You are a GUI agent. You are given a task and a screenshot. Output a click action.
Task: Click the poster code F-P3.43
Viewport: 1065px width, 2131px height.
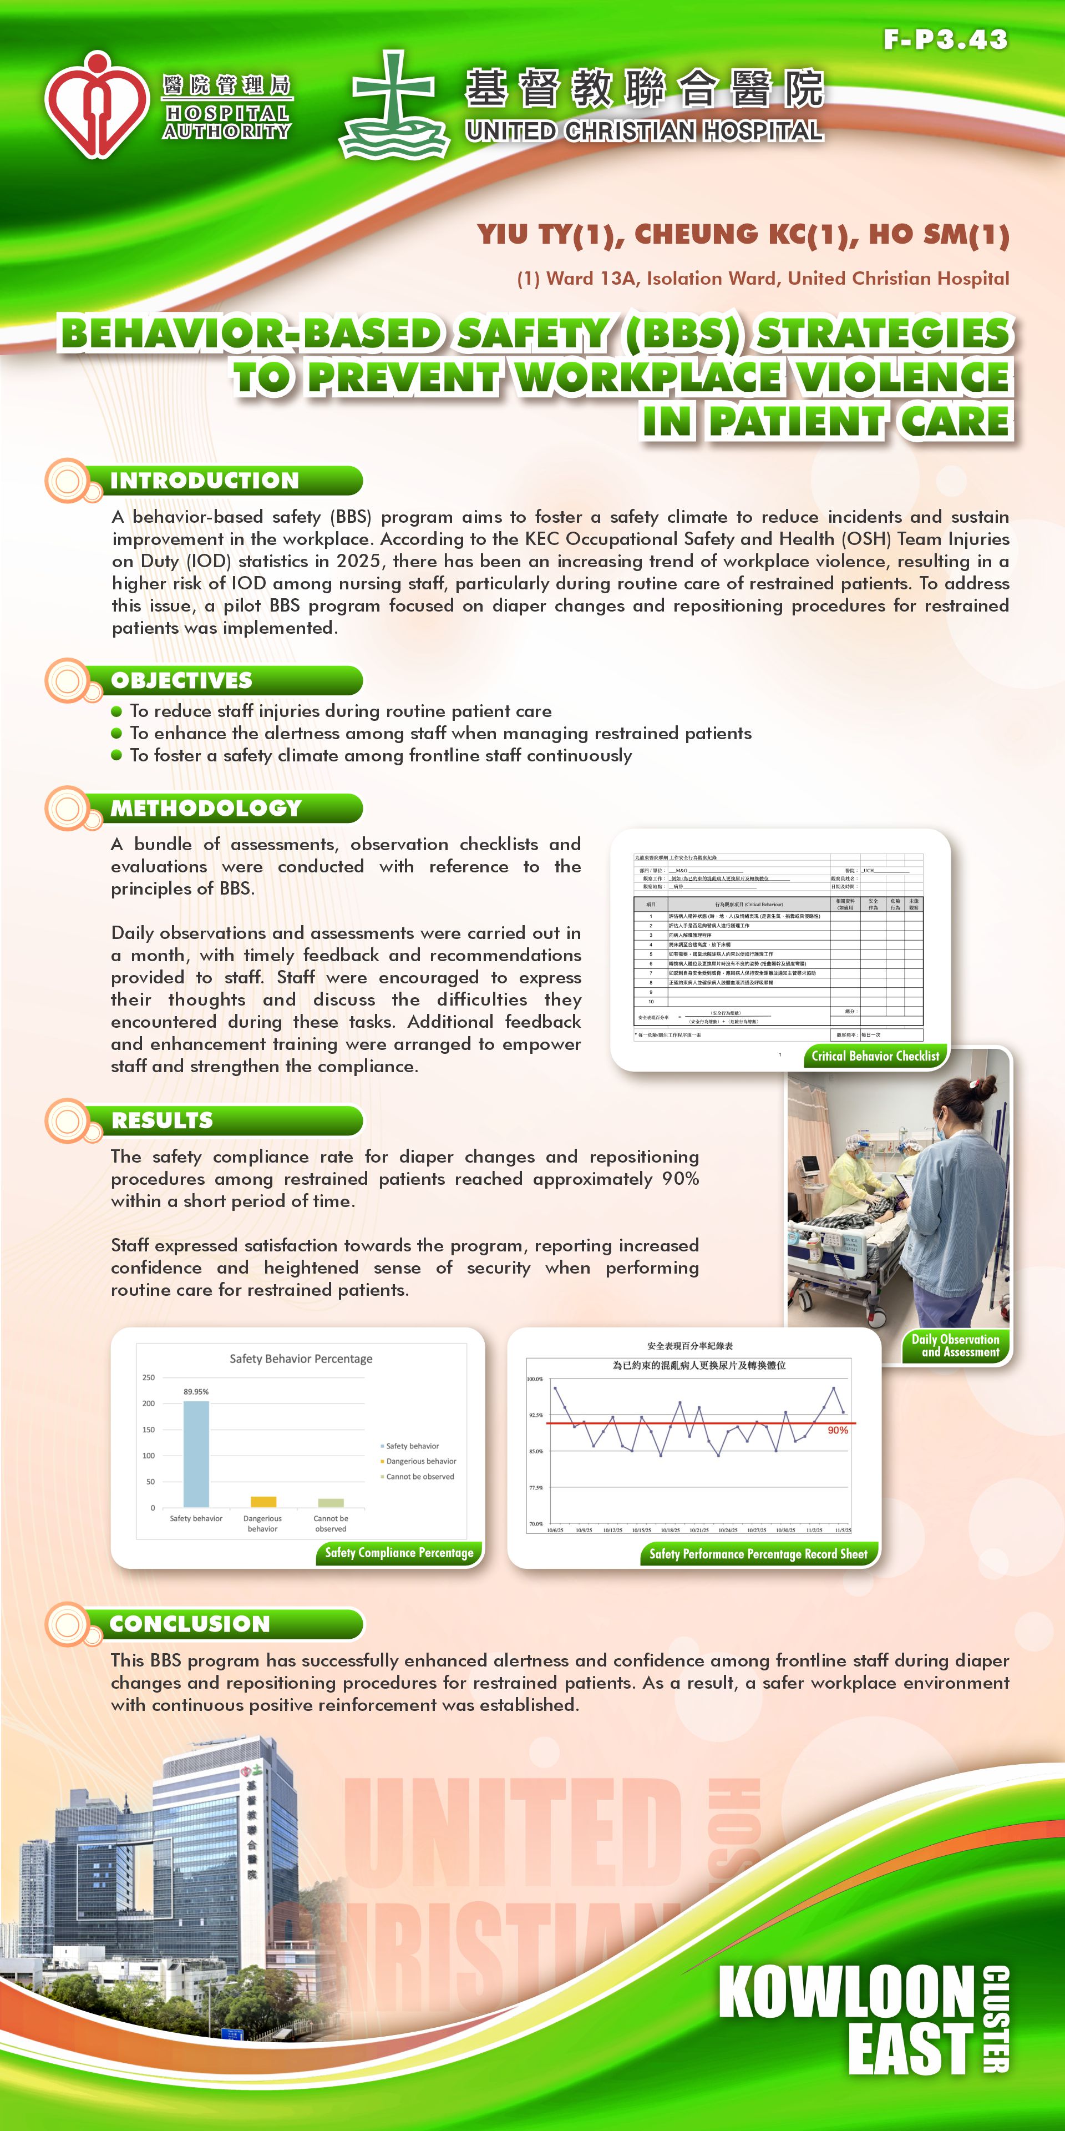(x=945, y=40)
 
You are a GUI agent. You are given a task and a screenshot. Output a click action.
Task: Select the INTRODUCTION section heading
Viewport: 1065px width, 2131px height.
(x=204, y=481)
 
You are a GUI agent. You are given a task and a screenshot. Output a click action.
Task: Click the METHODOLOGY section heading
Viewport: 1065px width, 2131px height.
(x=206, y=808)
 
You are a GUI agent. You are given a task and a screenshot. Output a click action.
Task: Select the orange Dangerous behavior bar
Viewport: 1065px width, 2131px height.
(x=263, y=1502)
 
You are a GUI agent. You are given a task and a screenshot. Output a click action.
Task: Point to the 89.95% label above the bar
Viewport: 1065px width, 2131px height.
(x=196, y=1391)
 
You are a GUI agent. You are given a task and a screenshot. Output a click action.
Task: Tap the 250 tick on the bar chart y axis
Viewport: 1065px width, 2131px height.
(x=149, y=1377)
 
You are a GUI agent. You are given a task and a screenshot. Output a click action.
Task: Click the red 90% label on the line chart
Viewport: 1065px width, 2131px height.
(x=838, y=1430)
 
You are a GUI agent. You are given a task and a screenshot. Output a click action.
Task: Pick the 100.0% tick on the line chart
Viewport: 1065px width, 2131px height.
(x=535, y=1379)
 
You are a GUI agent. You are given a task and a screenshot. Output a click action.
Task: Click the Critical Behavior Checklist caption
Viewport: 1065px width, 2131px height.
(x=875, y=1056)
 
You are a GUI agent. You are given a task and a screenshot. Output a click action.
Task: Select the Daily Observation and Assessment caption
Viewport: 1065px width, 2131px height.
(x=955, y=1345)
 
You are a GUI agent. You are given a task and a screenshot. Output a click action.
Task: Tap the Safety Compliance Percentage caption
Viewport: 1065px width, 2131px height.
(x=399, y=1553)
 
